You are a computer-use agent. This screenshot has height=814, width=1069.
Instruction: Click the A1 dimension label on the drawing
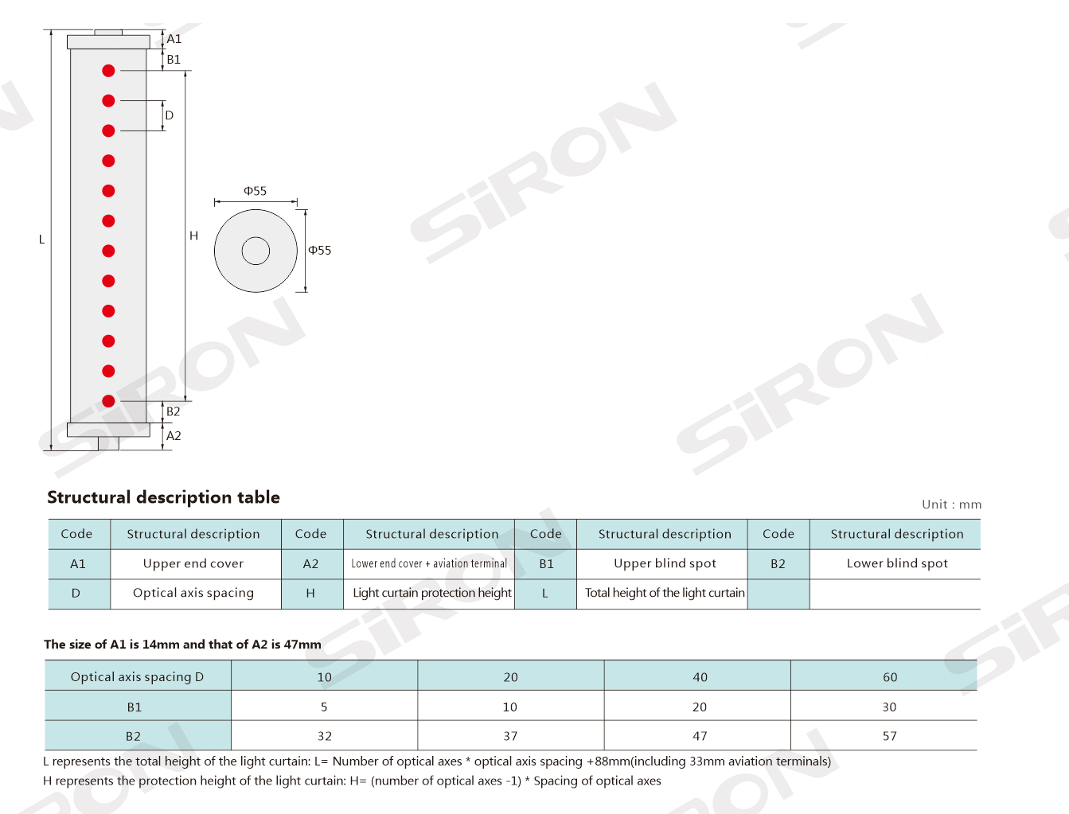click(174, 39)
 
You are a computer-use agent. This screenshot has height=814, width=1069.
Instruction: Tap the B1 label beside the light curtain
click(174, 60)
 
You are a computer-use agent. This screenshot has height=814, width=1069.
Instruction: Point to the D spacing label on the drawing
click(170, 115)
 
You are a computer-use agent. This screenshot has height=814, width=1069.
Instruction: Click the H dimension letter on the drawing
click(194, 236)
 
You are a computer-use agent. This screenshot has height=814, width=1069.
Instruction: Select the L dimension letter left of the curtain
click(42, 240)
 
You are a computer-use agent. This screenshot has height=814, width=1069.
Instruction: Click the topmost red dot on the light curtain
click(108, 71)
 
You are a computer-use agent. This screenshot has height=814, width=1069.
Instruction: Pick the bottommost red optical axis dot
click(108, 401)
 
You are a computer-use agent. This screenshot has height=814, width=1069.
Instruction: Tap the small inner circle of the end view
click(256, 238)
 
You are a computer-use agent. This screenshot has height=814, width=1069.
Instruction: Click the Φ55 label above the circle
click(256, 191)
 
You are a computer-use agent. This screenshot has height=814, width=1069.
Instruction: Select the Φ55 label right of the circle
click(319, 250)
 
